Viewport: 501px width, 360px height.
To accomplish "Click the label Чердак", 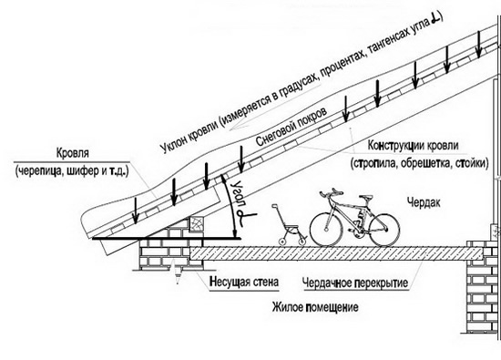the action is pyautogui.click(x=424, y=202).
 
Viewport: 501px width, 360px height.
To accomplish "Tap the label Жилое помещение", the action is pyautogui.click(x=315, y=307).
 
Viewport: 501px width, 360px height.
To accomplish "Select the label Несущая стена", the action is pyautogui.click(x=244, y=282).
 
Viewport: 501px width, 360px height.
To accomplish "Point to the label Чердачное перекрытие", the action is pyautogui.click(x=355, y=283).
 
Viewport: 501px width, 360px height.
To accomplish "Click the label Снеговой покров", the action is pyautogui.click(x=291, y=127).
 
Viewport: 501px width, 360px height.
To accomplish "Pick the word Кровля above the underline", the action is pyautogui.click(x=73, y=153).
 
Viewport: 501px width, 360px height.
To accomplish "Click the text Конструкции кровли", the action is pyautogui.click(x=414, y=146).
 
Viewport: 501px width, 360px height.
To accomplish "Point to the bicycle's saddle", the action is pyautogui.click(x=366, y=199).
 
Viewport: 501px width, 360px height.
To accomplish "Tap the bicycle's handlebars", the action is pyautogui.click(x=331, y=193).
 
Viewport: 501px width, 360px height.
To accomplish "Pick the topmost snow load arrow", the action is pyautogui.click(x=478, y=44).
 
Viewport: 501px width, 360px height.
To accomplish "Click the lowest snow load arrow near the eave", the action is pyautogui.click(x=136, y=211).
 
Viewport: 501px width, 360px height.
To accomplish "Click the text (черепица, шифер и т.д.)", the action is pyautogui.click(x=72, y=170).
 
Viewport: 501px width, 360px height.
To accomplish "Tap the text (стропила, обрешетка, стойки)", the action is pyautogui.click(x=420, y=163).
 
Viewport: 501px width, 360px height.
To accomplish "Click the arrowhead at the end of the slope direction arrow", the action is pyautogui.click(x=233, y=129).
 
